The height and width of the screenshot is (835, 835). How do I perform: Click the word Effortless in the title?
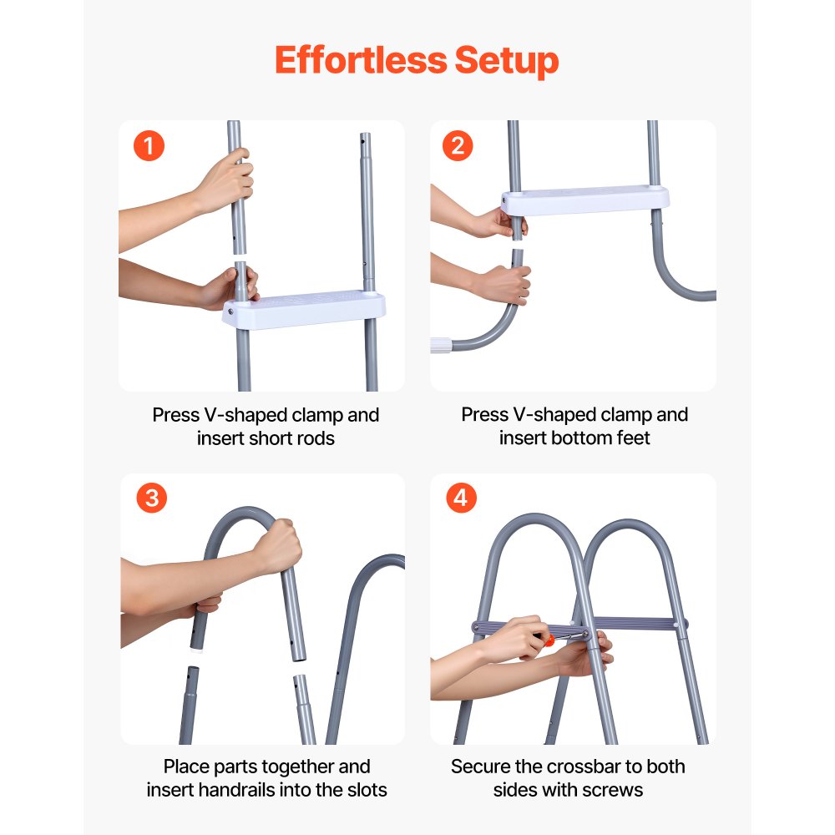click(359, 61)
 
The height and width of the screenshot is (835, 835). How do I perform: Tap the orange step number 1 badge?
click(149, 147)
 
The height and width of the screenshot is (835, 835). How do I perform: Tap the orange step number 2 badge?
click(458, 147)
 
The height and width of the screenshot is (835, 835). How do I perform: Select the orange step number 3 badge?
click(151, 498)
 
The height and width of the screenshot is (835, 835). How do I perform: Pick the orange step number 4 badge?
click(460, 498)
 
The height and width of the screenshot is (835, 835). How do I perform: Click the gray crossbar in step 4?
click(635, 624)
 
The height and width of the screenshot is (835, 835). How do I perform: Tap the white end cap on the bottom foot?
click(440, 344)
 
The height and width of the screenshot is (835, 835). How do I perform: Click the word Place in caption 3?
click(186, 767)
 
